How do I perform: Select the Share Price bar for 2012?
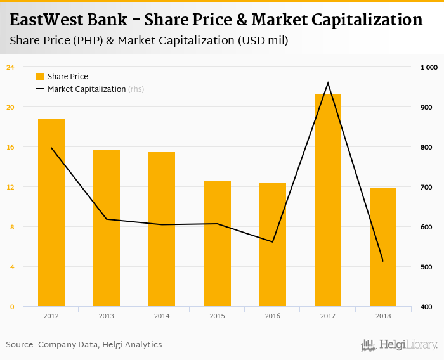(51, 213)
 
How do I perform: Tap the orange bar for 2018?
(383, 247)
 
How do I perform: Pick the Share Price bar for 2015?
(217, 243)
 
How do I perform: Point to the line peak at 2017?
(328, 83)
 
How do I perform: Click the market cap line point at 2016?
(273, 241)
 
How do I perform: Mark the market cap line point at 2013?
(107, 219)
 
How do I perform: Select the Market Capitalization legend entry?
(86, 89)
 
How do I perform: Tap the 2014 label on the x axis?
(162, 315)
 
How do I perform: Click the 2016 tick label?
(273, 315)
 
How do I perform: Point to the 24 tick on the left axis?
(10, 67)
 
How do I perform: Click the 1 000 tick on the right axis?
(429, 67)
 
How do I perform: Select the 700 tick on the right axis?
(426, 187)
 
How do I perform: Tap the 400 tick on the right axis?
(426, 307)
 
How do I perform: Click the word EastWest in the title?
(47, 20)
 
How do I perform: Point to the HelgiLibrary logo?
(400, 345)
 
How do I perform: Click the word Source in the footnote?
(20, 345)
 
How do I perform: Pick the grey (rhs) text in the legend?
(136, 89)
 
